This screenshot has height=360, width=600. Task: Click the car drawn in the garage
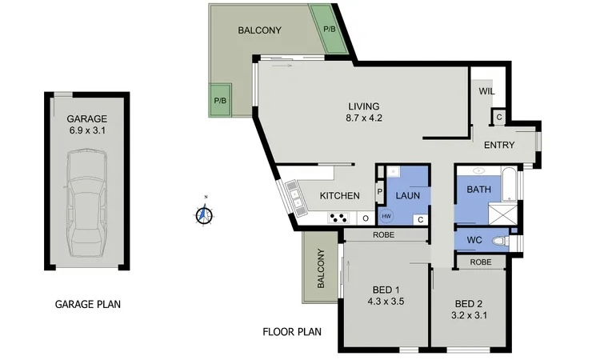[87, 203]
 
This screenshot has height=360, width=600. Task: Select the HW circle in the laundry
[386, 217]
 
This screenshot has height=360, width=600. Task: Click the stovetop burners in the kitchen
[338, 218]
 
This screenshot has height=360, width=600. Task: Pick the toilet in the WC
[500, 241]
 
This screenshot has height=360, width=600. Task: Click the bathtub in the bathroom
[509, 184]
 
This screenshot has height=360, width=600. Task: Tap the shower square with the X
[503, 214]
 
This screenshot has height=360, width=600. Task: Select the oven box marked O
[366, 218]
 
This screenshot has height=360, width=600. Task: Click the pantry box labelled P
[380, 191]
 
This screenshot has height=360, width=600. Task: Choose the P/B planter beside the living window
[220, 100]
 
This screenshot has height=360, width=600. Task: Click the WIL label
[486, 92]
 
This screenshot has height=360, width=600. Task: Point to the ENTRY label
[499, 145]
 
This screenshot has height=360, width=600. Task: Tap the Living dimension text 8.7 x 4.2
[364, 118]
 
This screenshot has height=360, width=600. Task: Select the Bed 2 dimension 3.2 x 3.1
[469, 316]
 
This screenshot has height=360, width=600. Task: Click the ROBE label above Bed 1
[383, 235]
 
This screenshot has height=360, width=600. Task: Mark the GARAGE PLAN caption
[88, 305]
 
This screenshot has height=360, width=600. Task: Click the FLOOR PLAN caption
[292, 332]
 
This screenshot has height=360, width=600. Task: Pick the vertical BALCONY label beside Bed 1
[321, 268]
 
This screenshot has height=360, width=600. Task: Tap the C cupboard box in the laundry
[421, 219]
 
